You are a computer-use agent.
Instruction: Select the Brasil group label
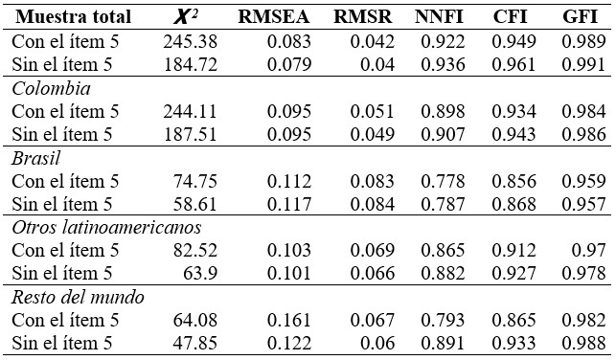(x=35, y=157)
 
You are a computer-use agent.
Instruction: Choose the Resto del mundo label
(x=79, y=297)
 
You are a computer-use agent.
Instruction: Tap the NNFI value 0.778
(x=440, y=181)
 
